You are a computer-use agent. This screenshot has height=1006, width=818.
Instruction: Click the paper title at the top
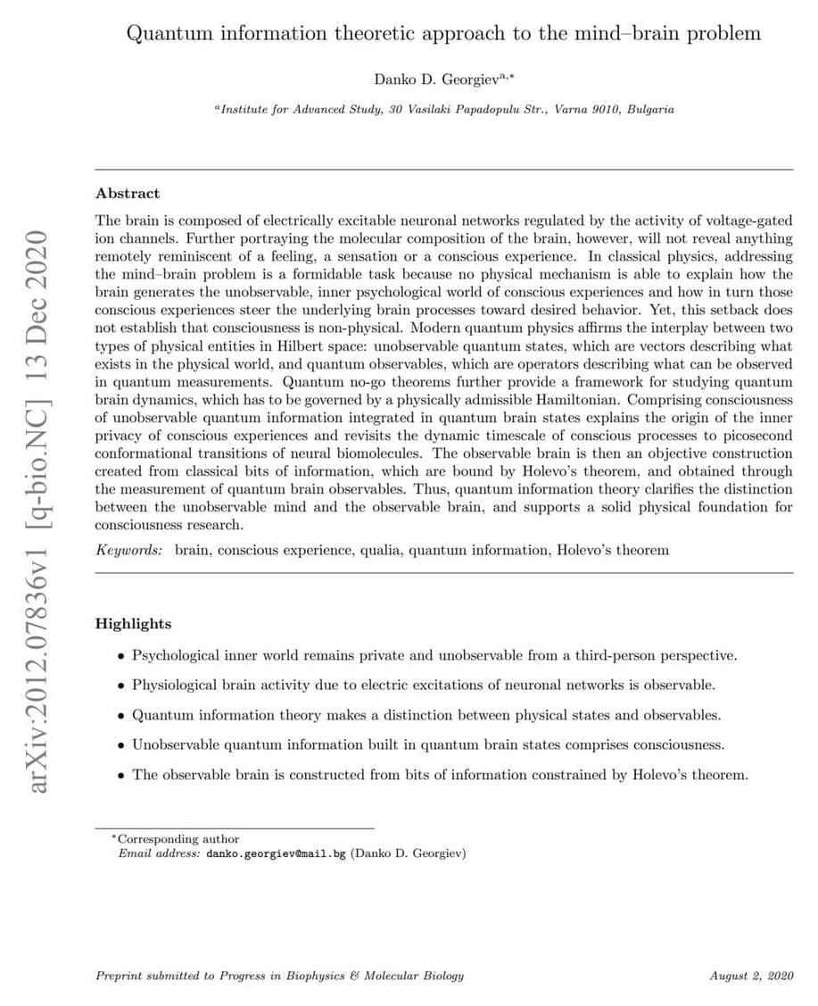coord(443,34)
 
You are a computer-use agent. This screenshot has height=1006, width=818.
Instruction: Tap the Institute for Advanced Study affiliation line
coord(443,110)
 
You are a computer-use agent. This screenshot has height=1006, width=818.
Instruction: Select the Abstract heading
coord(128,193)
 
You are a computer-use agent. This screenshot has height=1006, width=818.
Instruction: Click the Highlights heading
coord(133,624)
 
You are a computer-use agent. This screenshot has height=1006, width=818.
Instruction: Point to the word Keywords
coord(129,550)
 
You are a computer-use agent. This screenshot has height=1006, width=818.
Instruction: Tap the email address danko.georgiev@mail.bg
coord(276,853)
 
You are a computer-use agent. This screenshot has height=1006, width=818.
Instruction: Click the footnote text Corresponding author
coord(178,839)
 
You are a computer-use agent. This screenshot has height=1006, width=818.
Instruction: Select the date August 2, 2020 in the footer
coord(751,976)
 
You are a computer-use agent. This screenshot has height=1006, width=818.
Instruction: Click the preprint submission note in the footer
coord(279,976)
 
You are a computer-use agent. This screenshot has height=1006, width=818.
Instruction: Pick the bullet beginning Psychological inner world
coord(434,656)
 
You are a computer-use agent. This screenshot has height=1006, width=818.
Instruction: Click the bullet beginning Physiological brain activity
coord(423,686)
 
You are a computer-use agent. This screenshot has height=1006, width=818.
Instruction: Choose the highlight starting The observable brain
coord(440,774)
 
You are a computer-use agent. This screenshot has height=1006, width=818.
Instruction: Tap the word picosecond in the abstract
coord(755,436)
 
